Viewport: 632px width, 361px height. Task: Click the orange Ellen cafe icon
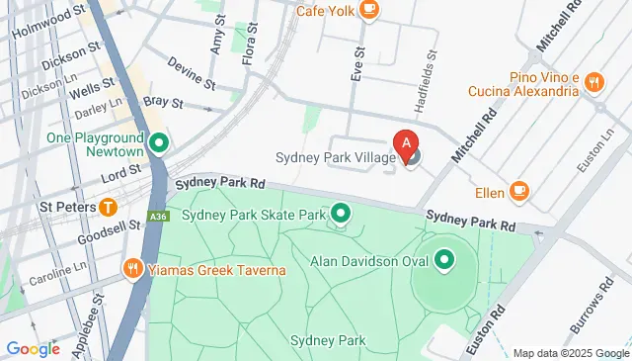(520, 190)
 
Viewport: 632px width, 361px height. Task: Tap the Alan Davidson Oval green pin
(444, 260)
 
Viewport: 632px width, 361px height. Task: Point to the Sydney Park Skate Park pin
(342, 213)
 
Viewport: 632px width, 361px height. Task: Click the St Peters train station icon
(108, 207)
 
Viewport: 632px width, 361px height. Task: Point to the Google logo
(33, 348)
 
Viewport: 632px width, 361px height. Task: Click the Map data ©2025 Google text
(571, 353)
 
